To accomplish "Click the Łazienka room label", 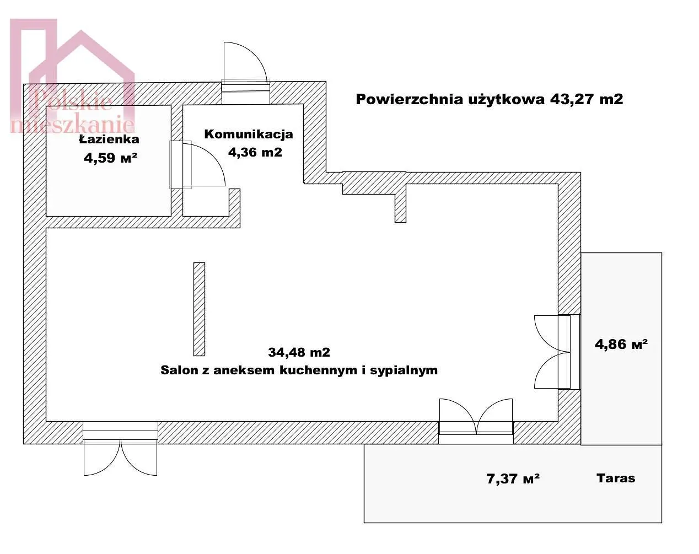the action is [109, 139].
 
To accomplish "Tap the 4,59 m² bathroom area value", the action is [110, 158].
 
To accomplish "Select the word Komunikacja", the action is [249, 134].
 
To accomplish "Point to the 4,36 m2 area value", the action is [255, 152].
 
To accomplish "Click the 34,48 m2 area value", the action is [299, 352].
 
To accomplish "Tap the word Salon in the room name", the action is [178, 370].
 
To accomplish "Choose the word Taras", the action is [616, 478].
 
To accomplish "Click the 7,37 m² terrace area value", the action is [513, 479].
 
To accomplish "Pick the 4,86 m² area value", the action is [621, 344].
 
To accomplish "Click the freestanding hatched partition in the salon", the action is [199, 309].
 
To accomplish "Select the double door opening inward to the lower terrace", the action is [476, 416].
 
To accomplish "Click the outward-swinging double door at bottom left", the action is [120, 458].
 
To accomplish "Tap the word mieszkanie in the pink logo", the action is [73, 125].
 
